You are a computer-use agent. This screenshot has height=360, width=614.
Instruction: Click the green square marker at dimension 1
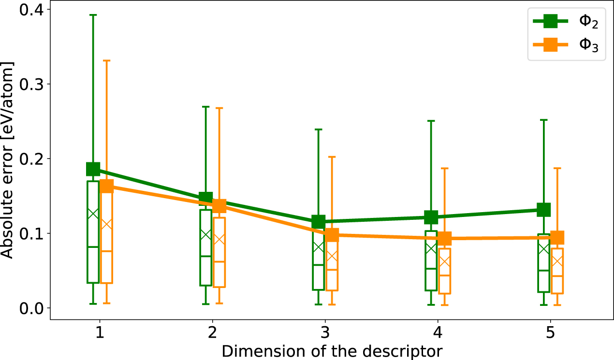click(93, 169)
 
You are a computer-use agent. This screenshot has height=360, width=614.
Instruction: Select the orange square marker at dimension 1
click(107, 187)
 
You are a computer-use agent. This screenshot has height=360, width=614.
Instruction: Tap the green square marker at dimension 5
click(543, 210)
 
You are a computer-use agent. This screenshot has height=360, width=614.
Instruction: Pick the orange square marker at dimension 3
click(332, 235)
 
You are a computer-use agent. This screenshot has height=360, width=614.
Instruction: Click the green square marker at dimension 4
click(431, 217)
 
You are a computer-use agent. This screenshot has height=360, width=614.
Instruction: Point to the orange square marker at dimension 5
click(557, 238)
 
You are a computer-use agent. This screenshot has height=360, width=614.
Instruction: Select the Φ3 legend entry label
click(588, 44)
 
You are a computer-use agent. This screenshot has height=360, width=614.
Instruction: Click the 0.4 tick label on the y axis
click(31, 10)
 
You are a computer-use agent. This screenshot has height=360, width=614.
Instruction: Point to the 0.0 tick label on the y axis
click(31, 308)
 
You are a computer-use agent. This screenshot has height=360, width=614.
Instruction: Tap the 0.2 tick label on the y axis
click(31, 159)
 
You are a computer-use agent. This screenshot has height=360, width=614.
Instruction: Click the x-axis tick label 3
click(325, 332)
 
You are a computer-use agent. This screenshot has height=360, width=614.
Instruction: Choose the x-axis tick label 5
click(550, 332)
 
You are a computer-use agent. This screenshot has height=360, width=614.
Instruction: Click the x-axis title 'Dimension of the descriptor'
click(332, 351)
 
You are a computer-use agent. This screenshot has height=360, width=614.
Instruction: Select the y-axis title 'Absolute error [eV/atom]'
click(7, 160)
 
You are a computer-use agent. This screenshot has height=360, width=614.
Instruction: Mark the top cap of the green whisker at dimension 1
click(93, 15)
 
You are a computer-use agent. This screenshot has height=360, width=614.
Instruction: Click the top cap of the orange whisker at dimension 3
click(332, 157)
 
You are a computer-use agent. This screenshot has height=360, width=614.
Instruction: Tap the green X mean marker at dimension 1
click(93, 214)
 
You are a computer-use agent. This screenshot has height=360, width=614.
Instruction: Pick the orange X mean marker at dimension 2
click(219, 240)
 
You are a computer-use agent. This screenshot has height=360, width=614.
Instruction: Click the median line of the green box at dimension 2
click(206, 256)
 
